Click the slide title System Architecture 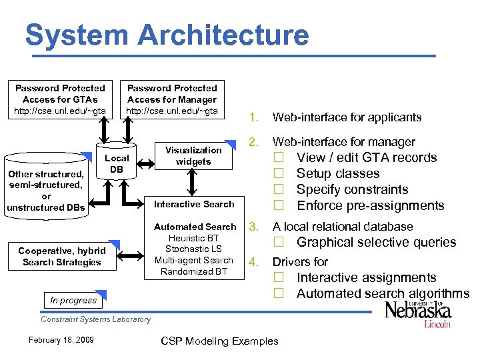tap(167, 35)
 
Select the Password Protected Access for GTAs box tap(60, 99)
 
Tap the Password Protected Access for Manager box tap(172, 99)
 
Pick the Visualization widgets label tap(193, 155)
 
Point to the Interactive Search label tap(194, 204)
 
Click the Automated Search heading tap(195, 227)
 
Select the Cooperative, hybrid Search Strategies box tap(61, 257)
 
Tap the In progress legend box tap(73, 300)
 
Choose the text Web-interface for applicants tap(347, 117)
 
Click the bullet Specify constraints tap(352, 189)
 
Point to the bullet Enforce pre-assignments tap(370, 205)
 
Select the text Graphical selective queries tap(376, 242)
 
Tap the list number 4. tap(253, 262)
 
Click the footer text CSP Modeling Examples tap(219, 341)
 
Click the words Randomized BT tap(194, 271)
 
